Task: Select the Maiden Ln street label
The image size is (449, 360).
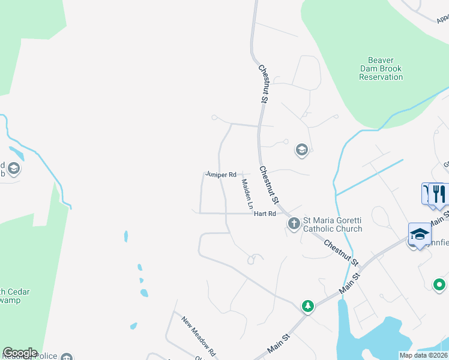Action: (x=246, y=193)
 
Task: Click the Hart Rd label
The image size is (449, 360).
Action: (x=264, y=214)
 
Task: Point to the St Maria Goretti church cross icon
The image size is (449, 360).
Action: (x=294, y=224)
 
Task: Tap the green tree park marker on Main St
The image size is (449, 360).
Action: (x=308, y=306)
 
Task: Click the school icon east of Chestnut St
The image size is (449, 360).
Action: (x=302, y=150)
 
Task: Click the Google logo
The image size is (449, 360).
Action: (x=20, y=353)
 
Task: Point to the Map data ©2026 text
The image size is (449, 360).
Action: (x=424, y=355)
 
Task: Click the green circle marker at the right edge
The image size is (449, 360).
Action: (x=440, y=284)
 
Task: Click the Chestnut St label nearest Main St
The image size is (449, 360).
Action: (x=340, y=253)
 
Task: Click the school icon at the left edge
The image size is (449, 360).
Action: (x=14, y=169)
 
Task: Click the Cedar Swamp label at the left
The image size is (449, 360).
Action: (x=14, y=296)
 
